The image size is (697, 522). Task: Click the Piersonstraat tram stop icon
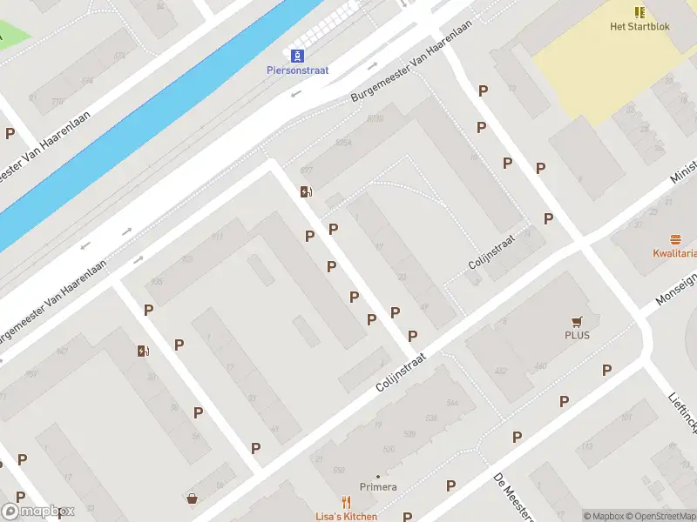coord(297,56)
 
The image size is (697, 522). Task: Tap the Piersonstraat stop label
coord(297,70)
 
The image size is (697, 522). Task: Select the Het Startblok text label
coord(639,26)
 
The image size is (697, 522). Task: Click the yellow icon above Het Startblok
coord(639,12)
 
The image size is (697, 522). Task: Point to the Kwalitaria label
coord(674,254)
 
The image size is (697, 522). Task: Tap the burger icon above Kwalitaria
coord(674,239)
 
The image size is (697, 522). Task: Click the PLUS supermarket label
coord(577,335)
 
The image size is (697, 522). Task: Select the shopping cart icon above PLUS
coord(576,321)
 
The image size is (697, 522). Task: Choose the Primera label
coord(378,487)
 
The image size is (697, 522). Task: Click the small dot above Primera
coord(378,476)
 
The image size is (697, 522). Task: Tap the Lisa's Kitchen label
coord(347,517)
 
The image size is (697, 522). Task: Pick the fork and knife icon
coord(346,502)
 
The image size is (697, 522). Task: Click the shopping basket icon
coord(192,499)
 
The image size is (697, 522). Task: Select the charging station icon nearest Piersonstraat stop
coord(305,192)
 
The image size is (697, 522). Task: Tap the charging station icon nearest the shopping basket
coord(143,351)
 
